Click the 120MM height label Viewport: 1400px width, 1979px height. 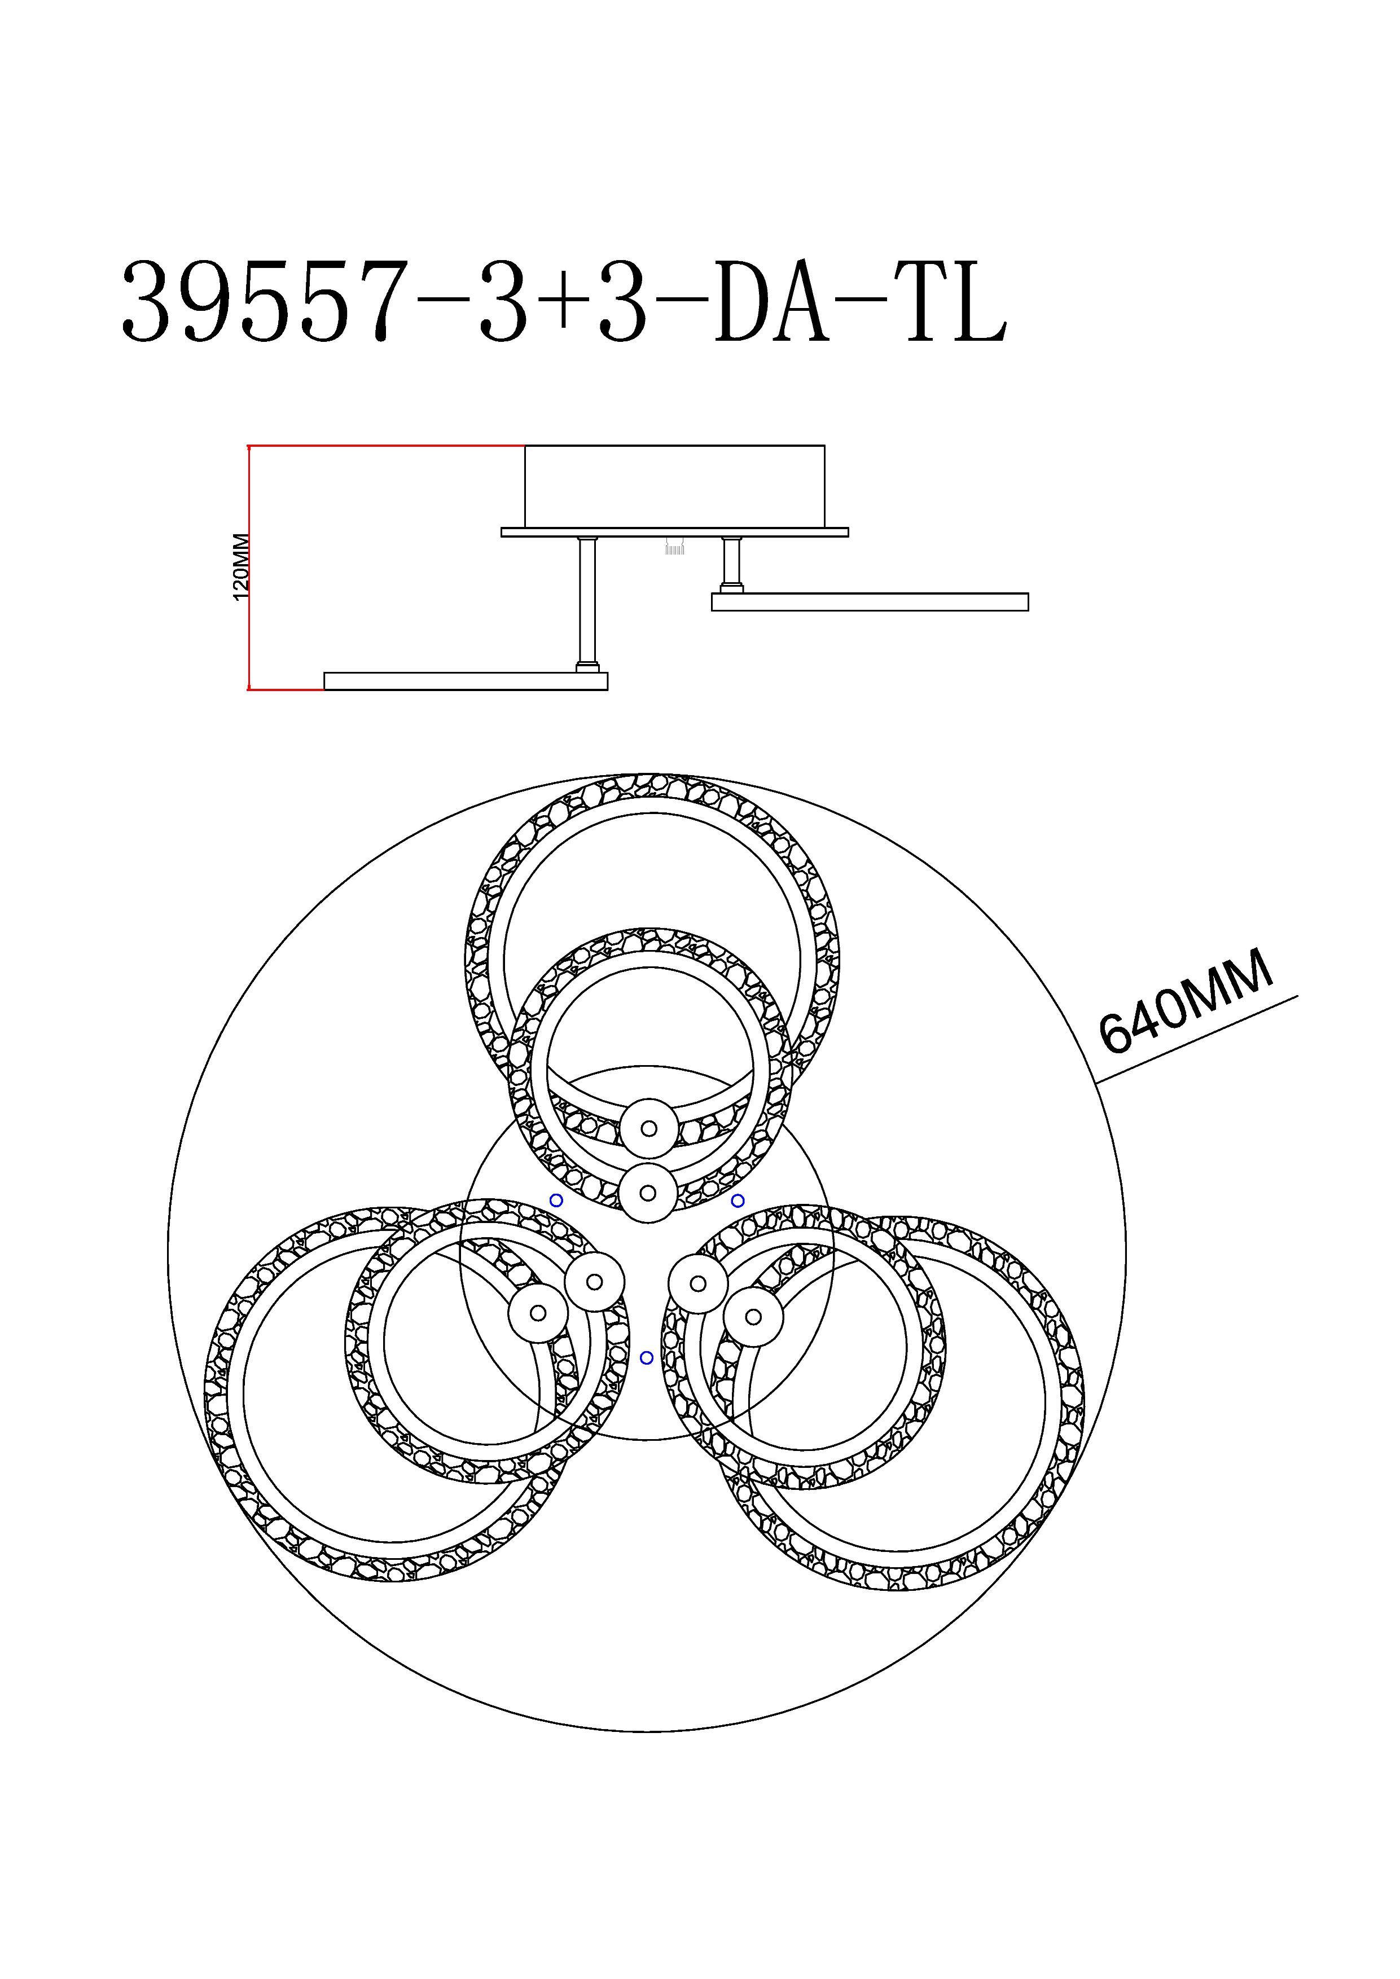242,566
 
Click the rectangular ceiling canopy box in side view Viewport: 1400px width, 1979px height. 675,487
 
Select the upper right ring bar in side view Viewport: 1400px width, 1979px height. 870,601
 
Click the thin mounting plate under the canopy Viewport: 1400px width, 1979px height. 675,533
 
